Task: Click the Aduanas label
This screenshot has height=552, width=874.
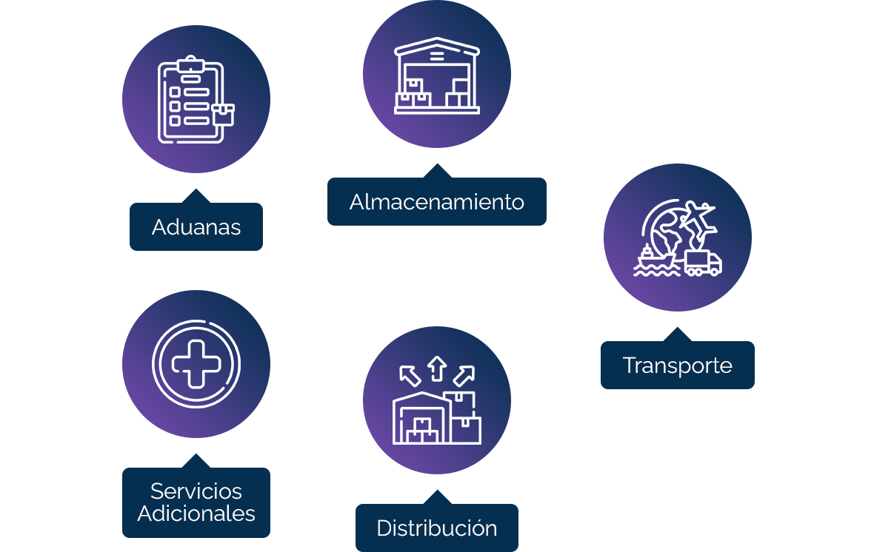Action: pos(196,226)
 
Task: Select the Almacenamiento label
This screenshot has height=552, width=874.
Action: pos(436,201)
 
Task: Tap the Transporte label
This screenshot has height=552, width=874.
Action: pos(677,365)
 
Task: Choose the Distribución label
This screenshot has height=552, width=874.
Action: pos(436,528)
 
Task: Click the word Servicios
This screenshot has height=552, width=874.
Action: pos(196,491)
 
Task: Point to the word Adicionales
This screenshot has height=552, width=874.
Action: pos(196,514)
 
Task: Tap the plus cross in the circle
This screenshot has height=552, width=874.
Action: pos(196,363)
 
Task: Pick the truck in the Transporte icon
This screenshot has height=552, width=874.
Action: pos(702,263)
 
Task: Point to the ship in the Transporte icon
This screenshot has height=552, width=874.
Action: pos(652,259)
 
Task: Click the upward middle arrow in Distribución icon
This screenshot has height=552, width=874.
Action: pos(436,366)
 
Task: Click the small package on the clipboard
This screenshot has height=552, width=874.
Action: pos(222,114)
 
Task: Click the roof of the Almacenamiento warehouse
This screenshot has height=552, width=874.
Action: pos(436,49)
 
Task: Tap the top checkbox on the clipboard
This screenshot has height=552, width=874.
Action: pos(176,92)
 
